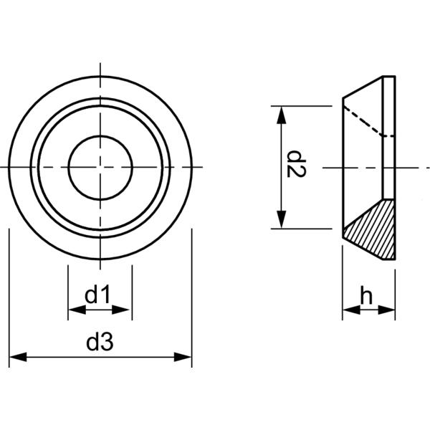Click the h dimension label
[366, 295]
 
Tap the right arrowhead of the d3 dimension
[186, 357]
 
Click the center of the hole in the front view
[100, 167]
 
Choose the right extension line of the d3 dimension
[192, 301]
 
